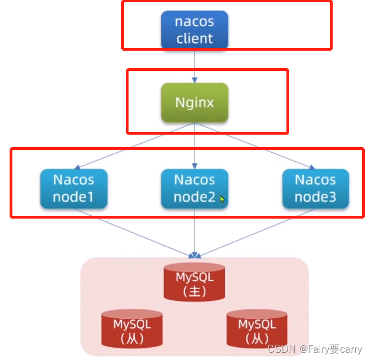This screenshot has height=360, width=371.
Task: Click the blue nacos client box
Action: click(x=195, y=30)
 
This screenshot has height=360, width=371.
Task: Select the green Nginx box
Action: click(x=195, y=103)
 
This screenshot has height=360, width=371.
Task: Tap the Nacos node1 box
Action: click(x=73, y=188)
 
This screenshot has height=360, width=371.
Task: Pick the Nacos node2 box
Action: click(x=195, y=188)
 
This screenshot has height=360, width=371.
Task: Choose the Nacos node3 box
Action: click(x=315, y=188)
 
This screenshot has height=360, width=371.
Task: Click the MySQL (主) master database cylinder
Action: click(x=195, y=283)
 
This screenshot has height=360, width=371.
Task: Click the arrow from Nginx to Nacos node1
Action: click(x=135, y=145)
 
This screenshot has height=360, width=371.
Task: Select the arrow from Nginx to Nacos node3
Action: click(x=254, y=145)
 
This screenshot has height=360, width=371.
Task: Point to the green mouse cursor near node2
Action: click(x=223, y=199)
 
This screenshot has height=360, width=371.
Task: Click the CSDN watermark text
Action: click(x=315, y=350)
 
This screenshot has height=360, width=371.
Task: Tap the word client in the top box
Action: click(x=195, y=39)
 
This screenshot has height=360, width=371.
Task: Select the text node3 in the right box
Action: click(x=315, y=197)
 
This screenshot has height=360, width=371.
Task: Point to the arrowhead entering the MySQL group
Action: click(x=195, y=255)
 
